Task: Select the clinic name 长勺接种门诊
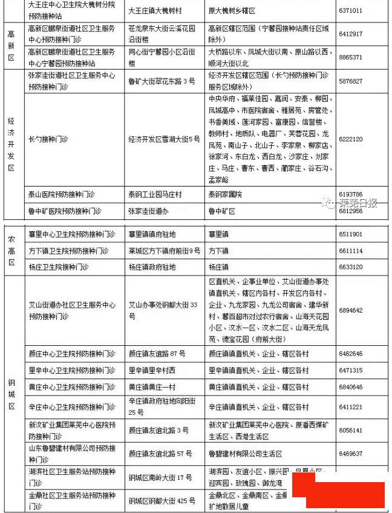(49, 139)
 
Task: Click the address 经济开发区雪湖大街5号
(164, 139)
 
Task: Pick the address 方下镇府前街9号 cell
(164, 251)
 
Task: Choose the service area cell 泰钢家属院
(225, 194)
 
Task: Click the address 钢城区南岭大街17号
(160, 478)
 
